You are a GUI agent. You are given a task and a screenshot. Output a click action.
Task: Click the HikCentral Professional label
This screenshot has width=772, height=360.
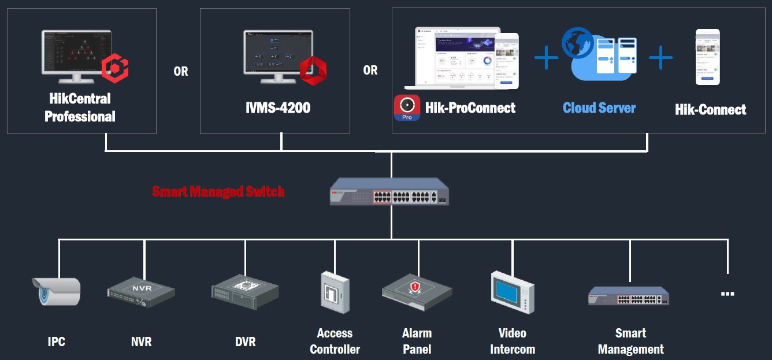80,107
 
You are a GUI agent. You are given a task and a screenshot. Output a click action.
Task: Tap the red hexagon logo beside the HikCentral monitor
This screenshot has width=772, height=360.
115,69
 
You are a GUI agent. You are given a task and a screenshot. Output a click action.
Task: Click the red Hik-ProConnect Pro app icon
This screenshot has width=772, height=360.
407,108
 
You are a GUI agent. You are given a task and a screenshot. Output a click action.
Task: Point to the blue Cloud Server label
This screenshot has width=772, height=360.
599,108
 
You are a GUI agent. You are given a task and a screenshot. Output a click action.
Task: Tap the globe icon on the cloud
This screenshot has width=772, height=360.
577,43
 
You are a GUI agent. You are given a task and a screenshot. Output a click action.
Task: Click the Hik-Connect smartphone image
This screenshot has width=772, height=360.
707,57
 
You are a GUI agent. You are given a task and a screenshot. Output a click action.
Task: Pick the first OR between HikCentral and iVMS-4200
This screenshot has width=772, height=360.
181,72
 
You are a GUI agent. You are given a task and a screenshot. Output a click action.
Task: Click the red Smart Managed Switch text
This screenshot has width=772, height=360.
218,191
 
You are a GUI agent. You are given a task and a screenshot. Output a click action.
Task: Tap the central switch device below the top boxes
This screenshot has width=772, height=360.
389,192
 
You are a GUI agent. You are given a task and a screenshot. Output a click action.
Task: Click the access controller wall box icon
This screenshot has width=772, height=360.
335,292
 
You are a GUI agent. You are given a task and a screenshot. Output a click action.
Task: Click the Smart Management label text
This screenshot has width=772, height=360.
630,341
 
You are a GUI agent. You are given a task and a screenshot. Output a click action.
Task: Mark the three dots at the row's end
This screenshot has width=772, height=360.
728,294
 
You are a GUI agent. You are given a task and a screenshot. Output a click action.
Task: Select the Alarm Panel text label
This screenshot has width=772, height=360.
417,341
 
